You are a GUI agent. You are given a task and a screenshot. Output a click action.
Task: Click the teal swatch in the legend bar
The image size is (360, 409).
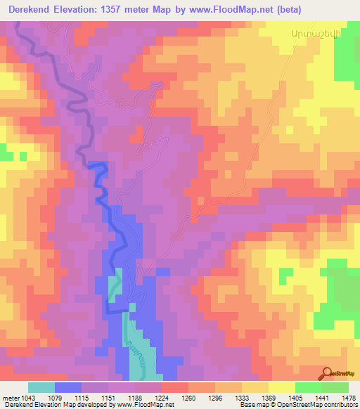(41, 387)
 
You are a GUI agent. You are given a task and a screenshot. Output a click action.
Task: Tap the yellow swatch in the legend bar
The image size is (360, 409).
(281, 387)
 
